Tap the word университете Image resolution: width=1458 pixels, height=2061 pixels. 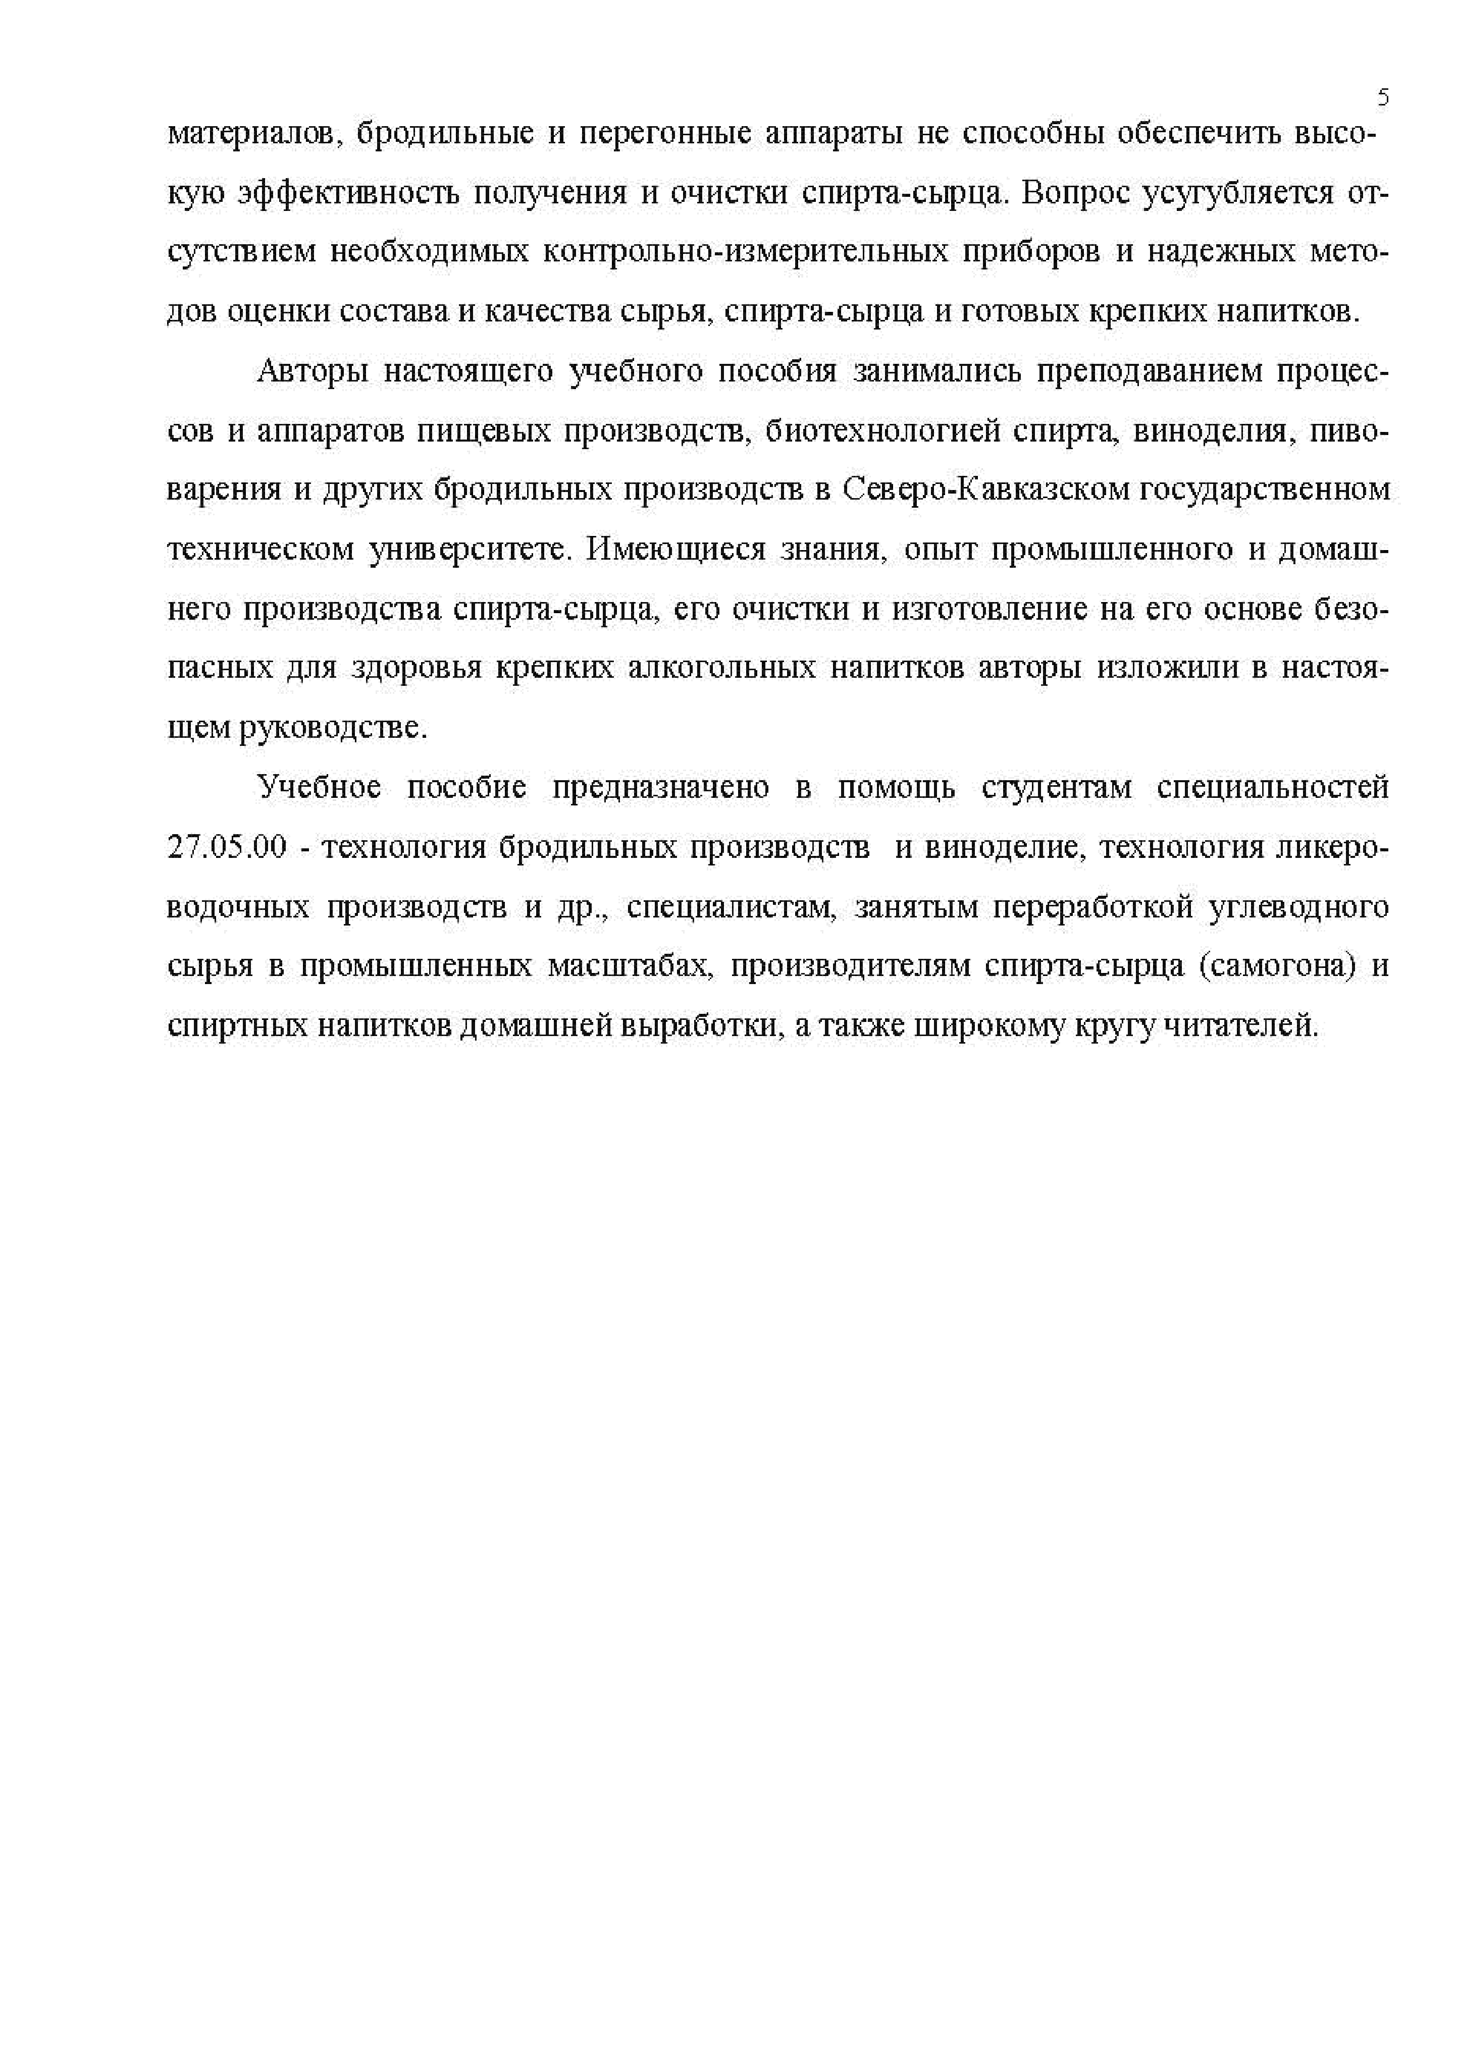467,550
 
